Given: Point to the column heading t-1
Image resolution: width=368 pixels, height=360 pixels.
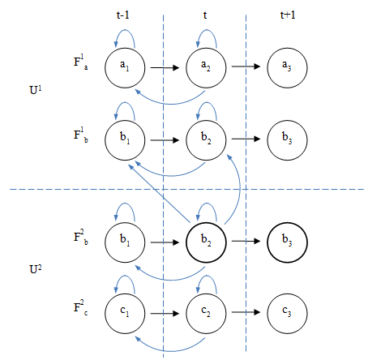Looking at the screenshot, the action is click(123, 15).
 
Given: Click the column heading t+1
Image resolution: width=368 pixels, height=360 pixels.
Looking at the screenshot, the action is click(288, 15).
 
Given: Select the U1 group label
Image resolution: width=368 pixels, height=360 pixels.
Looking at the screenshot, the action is click(36, 90).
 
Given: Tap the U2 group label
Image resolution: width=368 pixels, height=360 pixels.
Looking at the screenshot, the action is click(36, 269).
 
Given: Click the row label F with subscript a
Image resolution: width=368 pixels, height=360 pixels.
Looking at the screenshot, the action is click(80, 62).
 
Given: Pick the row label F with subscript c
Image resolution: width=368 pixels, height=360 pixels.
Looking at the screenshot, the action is click(80, 307).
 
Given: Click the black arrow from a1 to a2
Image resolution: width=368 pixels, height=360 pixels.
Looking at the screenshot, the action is click(165, 67).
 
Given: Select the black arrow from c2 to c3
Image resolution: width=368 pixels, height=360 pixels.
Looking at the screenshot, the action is click(246, 312).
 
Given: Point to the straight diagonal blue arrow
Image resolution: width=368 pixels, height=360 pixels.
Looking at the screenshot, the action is click(159, 193).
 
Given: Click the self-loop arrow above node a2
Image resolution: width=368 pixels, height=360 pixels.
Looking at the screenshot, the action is click(207, 30).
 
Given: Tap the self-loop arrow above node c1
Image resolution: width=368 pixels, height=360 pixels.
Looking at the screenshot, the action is click(125, 276).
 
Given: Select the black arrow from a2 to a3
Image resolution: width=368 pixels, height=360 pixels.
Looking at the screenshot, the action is click(246, 66).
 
